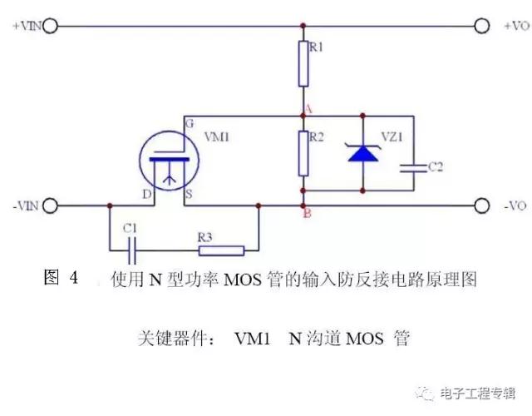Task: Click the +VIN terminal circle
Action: pos(51,27)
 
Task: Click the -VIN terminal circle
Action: pos(51,205)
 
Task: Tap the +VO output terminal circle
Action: pos(481,27)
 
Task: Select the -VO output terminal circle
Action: pos(481,205)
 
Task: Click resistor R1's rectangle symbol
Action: pos(304,64)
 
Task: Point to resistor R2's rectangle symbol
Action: pos(304,152)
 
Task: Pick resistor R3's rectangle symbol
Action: pos(219,250)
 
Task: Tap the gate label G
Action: pos(189,123)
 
